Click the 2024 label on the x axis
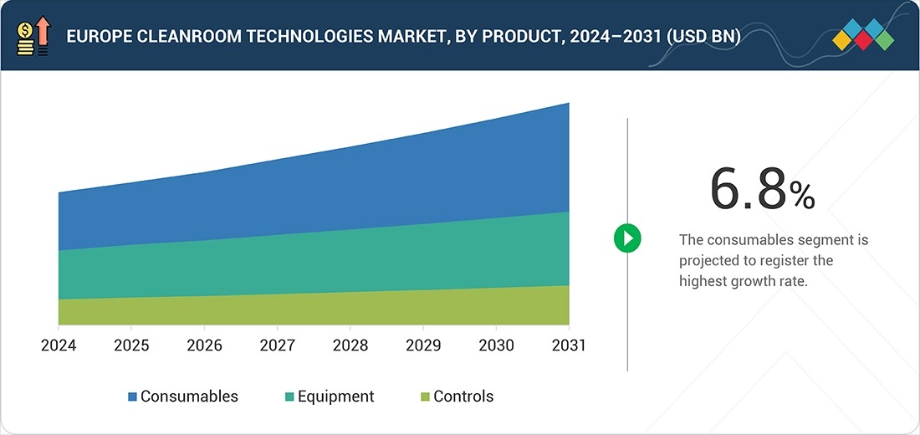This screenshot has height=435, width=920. point(59,345)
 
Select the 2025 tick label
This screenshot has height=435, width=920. point(131,345)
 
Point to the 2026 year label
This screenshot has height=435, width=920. point(204,345)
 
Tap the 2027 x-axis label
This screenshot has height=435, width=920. point(277,345)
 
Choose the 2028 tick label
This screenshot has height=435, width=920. point(350,345)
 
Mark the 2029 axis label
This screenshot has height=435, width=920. point(423,345)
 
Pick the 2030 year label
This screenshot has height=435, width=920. point(496,345)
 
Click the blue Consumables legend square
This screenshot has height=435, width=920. point(132,397)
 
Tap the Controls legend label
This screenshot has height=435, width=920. point(463,397)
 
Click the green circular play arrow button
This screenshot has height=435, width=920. point(627,238)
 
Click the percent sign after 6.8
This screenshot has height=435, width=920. point(801,197)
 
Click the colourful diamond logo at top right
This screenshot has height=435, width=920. point(863,35)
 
